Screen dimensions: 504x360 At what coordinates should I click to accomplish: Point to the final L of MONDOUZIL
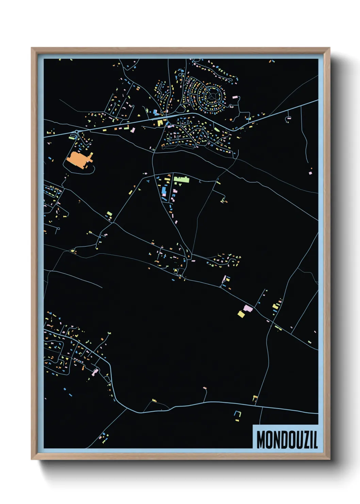point(315,440)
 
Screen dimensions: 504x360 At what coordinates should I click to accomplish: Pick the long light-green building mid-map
point(181,179)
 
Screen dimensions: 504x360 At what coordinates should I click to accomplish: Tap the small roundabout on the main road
point(77,132)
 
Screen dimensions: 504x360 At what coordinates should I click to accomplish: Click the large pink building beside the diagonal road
point(248,309)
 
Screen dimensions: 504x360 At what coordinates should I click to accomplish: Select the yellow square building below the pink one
point(241,314)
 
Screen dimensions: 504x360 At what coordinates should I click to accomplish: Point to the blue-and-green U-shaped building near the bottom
point(237,414)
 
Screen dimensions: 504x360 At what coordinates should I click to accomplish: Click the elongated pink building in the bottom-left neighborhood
point(96,371)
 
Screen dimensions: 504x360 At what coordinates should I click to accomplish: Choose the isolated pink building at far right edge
point(310,173)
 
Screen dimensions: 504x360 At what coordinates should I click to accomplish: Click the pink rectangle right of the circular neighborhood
point(235,97)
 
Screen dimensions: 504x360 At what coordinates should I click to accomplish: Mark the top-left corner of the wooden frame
point(32,48)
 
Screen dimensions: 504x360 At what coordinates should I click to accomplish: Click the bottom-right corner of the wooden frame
point(329,459)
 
